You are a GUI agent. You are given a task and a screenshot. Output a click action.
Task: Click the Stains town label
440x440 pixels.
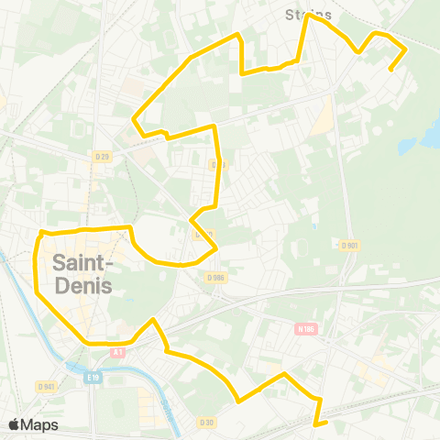click(x=308, y=15)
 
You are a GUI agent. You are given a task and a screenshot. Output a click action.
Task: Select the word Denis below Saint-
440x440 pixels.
click(x=82, y=285)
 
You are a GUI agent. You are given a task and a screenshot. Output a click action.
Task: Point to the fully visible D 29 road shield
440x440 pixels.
click(x=103, y=158)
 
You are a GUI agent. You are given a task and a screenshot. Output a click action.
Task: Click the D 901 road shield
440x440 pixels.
click(x=349, y=245)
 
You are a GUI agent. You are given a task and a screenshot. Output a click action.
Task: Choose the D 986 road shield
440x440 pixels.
click(x=215, y=277)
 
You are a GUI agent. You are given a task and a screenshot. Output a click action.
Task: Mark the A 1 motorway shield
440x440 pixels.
click(x=116, y=352)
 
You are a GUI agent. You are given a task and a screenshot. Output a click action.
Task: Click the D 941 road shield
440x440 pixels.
click(x=48, y=386)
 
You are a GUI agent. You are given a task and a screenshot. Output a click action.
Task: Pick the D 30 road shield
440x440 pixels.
click(x=206, y=422)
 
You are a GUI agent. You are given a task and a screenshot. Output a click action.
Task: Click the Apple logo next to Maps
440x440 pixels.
click(x=15, y=424)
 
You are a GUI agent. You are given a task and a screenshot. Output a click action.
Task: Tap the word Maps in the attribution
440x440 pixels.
click(x=40, y=424)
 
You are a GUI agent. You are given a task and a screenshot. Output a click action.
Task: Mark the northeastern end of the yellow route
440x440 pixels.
click(x=390, y=70)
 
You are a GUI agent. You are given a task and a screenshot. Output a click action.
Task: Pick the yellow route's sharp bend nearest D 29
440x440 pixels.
click(x=136, y=119)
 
